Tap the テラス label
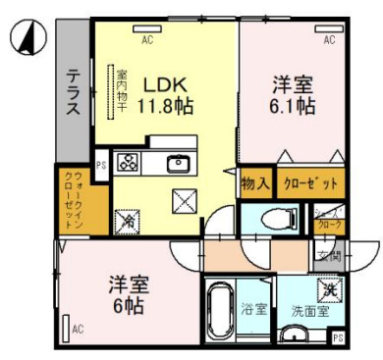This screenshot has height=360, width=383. [74, 91]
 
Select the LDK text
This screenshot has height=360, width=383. [165, 83]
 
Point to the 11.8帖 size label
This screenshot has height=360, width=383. [165, 106]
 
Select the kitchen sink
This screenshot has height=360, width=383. [178, 164]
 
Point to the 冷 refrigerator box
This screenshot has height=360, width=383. [127, 222]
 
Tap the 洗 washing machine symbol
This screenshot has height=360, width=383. [331, 290]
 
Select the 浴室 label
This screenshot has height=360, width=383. [254, 310]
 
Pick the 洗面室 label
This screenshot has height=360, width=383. [308, 312]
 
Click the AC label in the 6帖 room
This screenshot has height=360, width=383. [78, 331]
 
